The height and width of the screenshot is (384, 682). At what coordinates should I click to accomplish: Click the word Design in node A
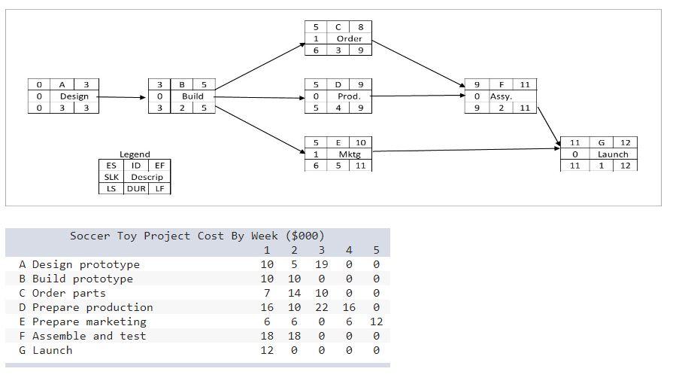point(74,96)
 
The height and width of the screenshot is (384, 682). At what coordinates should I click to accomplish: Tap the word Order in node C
point(349,38)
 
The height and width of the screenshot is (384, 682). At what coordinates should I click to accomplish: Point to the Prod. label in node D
point(349,96)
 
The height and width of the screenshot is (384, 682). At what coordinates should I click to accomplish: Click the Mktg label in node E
point(349,154)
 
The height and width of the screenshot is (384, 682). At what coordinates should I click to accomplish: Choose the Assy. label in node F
point(501,96)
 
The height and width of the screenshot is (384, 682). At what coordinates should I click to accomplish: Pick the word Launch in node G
point(612,154)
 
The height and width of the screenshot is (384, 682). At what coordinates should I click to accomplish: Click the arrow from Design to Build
point(120,97)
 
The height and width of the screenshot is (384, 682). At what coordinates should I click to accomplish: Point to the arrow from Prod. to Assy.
point(417,96)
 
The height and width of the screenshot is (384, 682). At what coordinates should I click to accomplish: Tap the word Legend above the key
point(135,154)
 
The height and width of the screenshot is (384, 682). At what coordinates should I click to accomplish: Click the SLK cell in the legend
point(111,177)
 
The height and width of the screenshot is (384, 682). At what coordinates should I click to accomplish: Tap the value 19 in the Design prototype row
point(321,264)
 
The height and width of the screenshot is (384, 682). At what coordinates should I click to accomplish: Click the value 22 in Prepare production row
point(321,307)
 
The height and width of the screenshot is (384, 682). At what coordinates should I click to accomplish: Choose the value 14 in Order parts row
point(294,293)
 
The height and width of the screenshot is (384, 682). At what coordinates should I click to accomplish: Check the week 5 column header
point(376,250)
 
